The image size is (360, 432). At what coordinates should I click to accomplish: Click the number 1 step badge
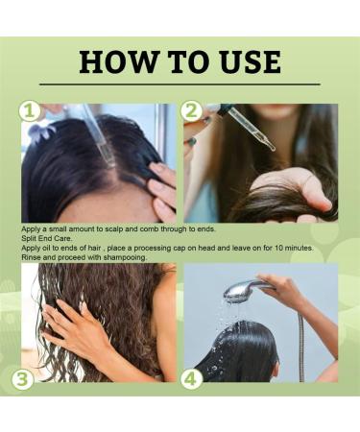tap(29, 111)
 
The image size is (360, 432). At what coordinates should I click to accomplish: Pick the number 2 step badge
tap(191, 111)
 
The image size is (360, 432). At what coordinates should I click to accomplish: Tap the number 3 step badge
tap(22, 379)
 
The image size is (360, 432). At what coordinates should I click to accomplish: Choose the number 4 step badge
tap(191, 379)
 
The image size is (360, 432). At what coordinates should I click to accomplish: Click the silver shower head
tap(239, 289)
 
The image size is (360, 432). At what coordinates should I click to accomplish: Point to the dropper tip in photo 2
tap(273, 149)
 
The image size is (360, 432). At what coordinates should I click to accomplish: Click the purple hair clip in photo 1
tap(40, 132)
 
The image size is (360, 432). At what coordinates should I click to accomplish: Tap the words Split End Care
tap(47, 238)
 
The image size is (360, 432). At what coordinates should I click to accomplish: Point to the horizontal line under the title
tap(180, 84)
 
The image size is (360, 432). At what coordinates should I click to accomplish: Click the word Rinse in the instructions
tap(31, 257)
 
